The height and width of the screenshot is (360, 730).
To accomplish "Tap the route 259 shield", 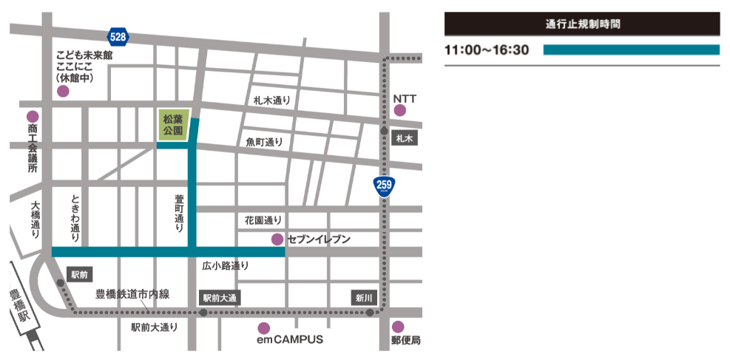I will pyautogui.click(x=383, y=185).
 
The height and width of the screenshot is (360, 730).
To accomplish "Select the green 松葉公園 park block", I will pyautogui.click(x=174, y=124).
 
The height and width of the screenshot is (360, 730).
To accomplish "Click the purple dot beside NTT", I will pyautogui.click(x=400, y=111).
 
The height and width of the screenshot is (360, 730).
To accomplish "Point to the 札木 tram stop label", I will pyautogui.click(x=405, y=138).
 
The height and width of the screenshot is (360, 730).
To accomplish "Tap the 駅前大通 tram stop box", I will pyautogui.click(x=220, y=298).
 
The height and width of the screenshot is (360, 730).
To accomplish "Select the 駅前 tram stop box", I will pyautogui.click(x=79, y=274).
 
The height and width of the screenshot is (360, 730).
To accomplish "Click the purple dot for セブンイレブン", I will pyautogui.click(x=277, y=239).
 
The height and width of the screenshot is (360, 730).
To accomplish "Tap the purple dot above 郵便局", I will pyautogui.click(x=398, y=327).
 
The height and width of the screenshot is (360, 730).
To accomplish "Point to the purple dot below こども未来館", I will pyautogui.click(x=63, y=92).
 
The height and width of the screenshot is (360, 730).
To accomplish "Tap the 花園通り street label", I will pyautogui.click(x=263, y=220).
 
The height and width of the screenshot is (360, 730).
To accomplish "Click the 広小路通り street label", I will pyautogui.click(x=226, y=265).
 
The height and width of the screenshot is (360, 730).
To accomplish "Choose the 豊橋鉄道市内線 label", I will pyautogui.click(x=132, y=294).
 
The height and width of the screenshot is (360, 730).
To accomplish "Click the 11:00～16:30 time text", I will pyautogui.click(x=487, y=50).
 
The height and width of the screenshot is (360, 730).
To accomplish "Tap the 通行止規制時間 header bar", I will pyautogui.click(x=581, y=24).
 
